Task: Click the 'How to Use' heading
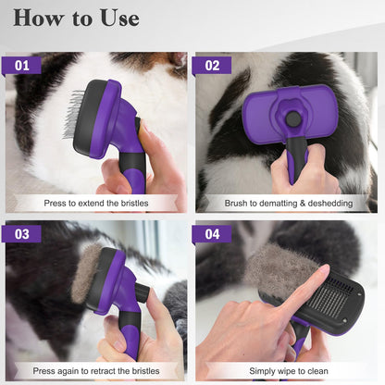(77, 19)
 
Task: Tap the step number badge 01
(22, 66)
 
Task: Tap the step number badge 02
(212, 66)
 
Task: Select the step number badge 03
(22, 233)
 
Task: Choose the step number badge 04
(212, 233)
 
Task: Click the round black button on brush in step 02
(293, 118)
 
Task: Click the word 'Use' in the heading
(116, 19)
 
